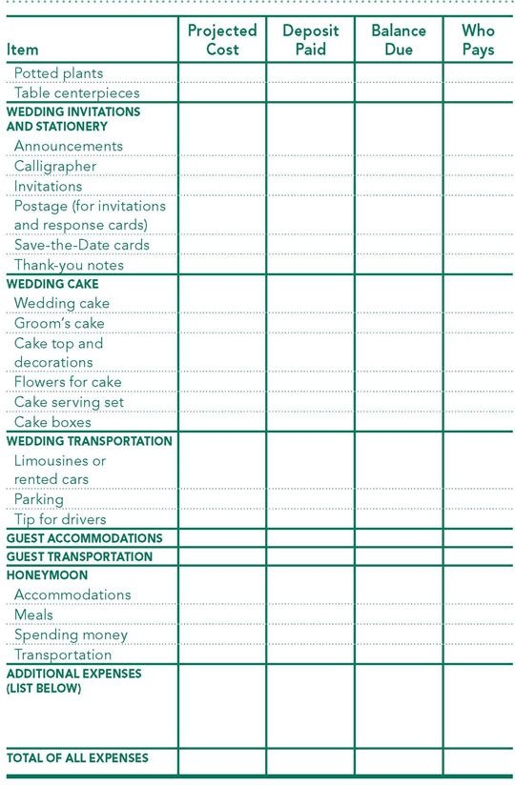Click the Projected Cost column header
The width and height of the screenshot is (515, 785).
pyautogui.click(x=222, y=39)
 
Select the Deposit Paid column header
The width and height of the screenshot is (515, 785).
pyautogui.click(x=311, y=39)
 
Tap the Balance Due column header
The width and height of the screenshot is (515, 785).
pyautogui.click(x=399, y=39)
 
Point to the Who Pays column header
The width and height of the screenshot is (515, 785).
pyautogui.click(x=478, y=39)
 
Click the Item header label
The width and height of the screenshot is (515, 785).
pyautogui.click(x=22, y=49)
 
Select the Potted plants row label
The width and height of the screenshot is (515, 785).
pyautogui.click(x=58, y=72)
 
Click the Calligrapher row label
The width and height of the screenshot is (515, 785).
pyautogui.click(x=55, y=166)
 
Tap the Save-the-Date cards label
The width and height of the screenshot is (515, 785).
pyautogui.click(x=82, y=245)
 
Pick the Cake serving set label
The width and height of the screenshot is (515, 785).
pyautogui.click(x=69, y=402)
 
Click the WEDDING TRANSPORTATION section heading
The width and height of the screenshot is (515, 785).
pyautogui.click(x=90, y=441)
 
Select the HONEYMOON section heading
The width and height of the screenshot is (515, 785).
pyautogui.click(x=47, y=575)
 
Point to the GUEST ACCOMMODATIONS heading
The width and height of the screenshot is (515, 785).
pyautogui.click(x=84, y=537)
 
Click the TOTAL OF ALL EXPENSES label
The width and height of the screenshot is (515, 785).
pyautogui.click(x=77, y=757)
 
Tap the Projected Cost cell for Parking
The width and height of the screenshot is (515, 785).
pyautogui.click(x=222, y=499)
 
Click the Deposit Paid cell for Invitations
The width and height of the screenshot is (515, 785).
pyautogui.click(x=311, y=186)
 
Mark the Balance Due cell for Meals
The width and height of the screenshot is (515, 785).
pyautogui.click(x=399, y=614)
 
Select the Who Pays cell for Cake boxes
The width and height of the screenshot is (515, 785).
pyautogui.click(x=478, y=422)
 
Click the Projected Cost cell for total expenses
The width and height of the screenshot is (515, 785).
pyautogui.click(x=222, y=760)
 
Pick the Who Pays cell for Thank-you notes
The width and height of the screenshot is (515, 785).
pyautogui.click(x=478, y=265)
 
